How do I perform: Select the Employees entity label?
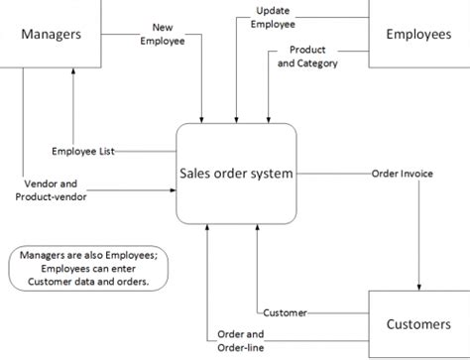419,34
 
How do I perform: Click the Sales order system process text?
236,173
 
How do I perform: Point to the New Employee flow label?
164,34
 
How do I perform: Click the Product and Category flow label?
307,57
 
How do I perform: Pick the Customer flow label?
286,312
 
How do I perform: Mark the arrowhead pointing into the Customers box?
419,286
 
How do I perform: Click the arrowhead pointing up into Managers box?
73,73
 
